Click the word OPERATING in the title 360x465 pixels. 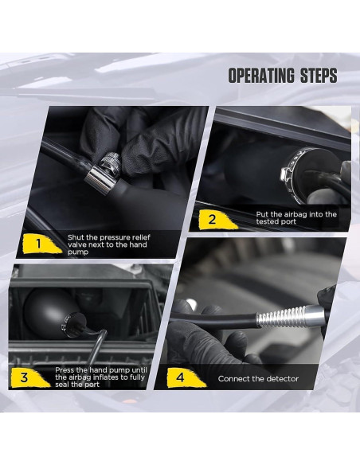pos(261,76)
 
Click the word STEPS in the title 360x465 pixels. pos(319,76)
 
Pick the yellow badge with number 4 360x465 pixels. pos(183,377)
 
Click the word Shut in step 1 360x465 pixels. pos(76,237)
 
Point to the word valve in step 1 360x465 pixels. pos(77,244)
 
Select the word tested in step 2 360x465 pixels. pos(266,221)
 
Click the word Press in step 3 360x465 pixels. pos(63,370)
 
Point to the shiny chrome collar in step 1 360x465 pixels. pos(100,180)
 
